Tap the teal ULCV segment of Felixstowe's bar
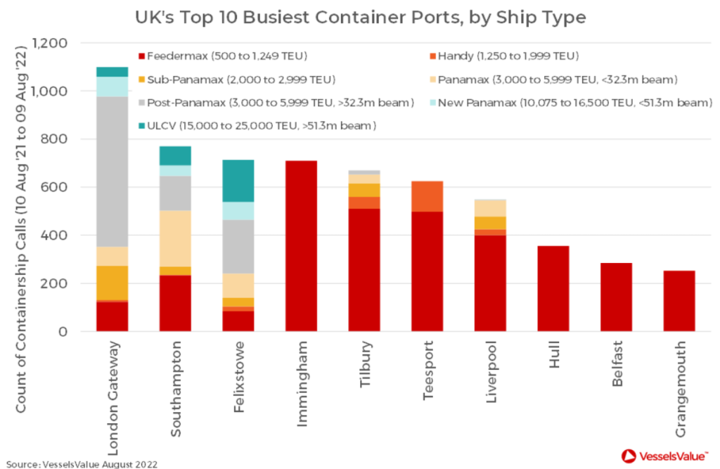point(238,181)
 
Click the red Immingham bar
point(301,246)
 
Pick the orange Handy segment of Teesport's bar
point(427,196)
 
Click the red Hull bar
point(553,288)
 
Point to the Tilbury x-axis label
point(364,363)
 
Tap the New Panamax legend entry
point(570,103)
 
